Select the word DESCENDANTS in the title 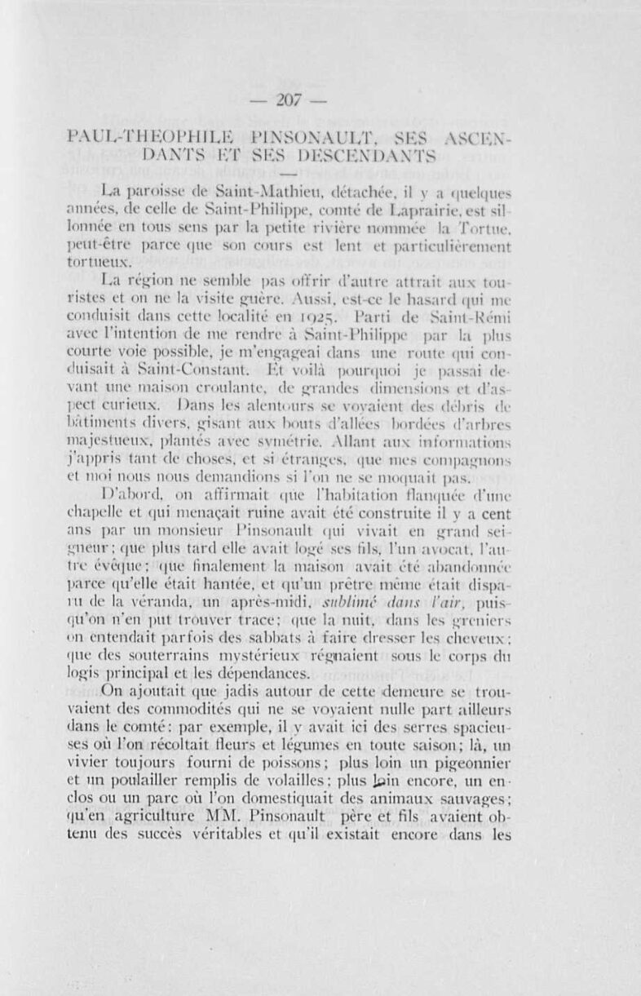365,154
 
